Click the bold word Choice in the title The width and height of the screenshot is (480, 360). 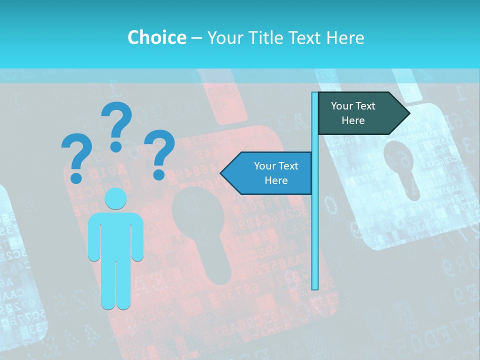pyautogui.click(x=156, y=37)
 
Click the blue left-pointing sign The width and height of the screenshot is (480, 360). pyautogui.click(x=270, y=173)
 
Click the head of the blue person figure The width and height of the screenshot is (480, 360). pyautogui.click(x=115, y=198)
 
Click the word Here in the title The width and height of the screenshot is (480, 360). pyautogui.click(x=345, y=37)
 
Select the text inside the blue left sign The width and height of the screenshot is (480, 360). pyautogui.click(x=276, y=173)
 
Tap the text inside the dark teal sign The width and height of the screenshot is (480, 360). pyautogui.click(x=353, y=113)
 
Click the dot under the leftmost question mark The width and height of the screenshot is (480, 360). pyautogui.click(x=76, y=178)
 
